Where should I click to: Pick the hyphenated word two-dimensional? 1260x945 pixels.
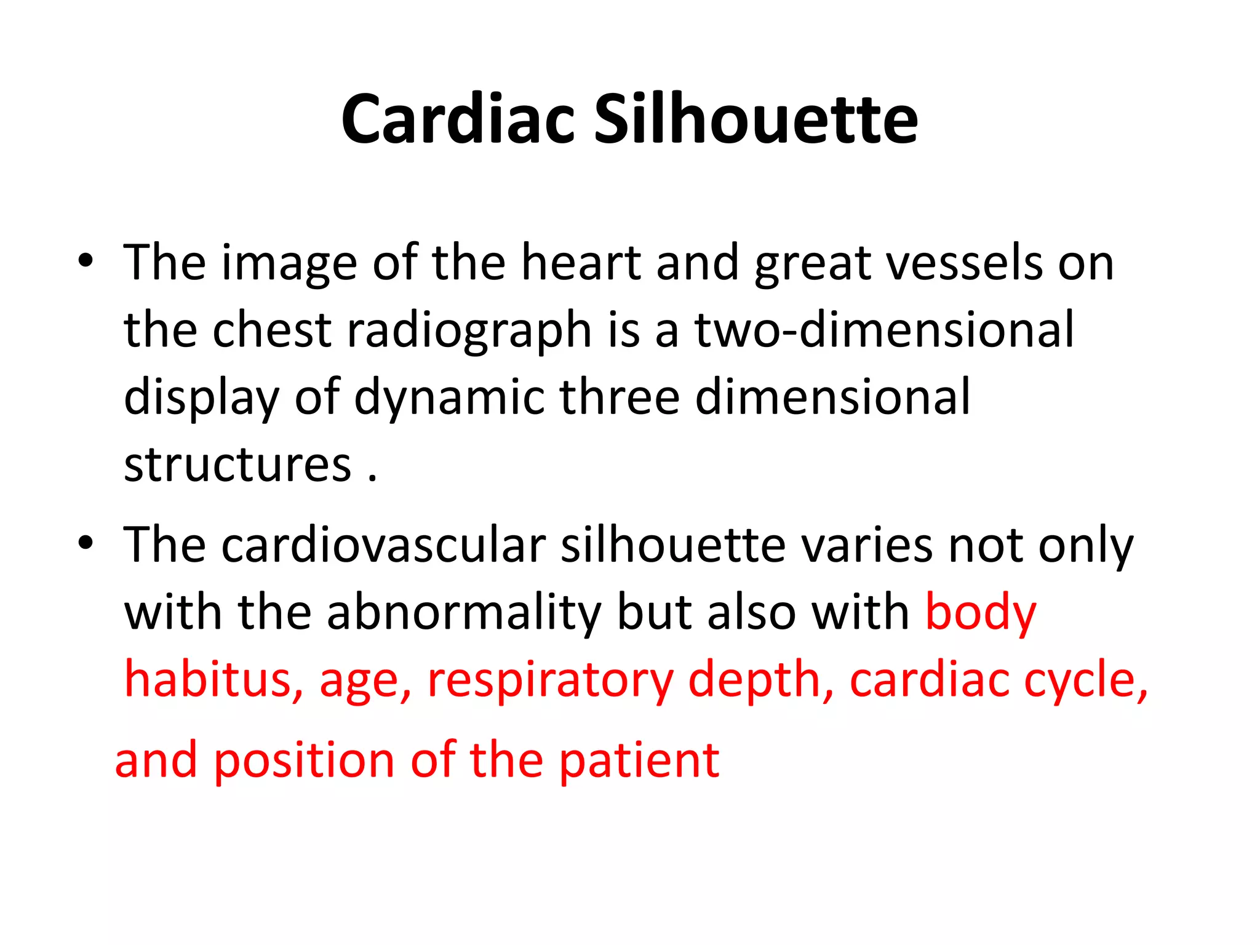884,330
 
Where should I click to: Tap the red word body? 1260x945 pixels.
981,614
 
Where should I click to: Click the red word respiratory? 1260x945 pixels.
550,682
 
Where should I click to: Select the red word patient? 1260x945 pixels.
639,762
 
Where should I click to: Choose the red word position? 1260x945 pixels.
304,762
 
